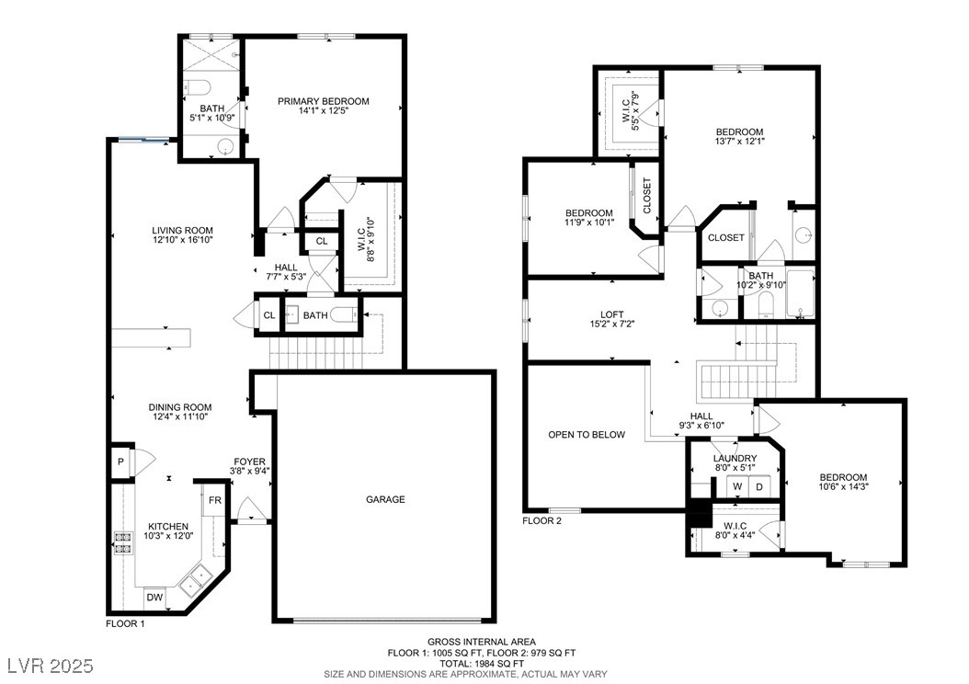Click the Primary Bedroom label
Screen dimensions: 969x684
(x=324, y=101)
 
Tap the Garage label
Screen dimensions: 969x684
(x=385, y=499)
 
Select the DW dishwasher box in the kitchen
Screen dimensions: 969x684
(x=154, y=598)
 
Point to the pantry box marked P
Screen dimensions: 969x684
(x=121, y=462)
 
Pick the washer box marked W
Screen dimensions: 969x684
(x=737, y=487)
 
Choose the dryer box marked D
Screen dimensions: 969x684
(x=759, y=487)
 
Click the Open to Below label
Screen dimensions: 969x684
(x=587, y=434)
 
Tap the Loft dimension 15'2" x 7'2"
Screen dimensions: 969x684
(x=611, y=324)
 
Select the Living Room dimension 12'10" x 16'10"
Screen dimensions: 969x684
(x=182, y=240)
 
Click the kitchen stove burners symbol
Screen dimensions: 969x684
(x=122, y=541)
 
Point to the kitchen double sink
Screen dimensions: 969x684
(x=196, y=578)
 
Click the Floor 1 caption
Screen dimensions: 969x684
(x=125, y=623)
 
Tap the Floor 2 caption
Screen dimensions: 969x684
(x=542, y=521)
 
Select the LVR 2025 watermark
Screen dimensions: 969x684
(x=51, y=666)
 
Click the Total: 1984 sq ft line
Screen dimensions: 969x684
(x=482, y=663)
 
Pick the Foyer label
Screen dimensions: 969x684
(x=250, y=462)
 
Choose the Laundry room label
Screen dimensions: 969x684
(x=735, y=458)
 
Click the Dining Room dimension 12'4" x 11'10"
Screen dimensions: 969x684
(x=180, y=416)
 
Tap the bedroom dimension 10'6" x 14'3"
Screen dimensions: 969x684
(x=843, y=486)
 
